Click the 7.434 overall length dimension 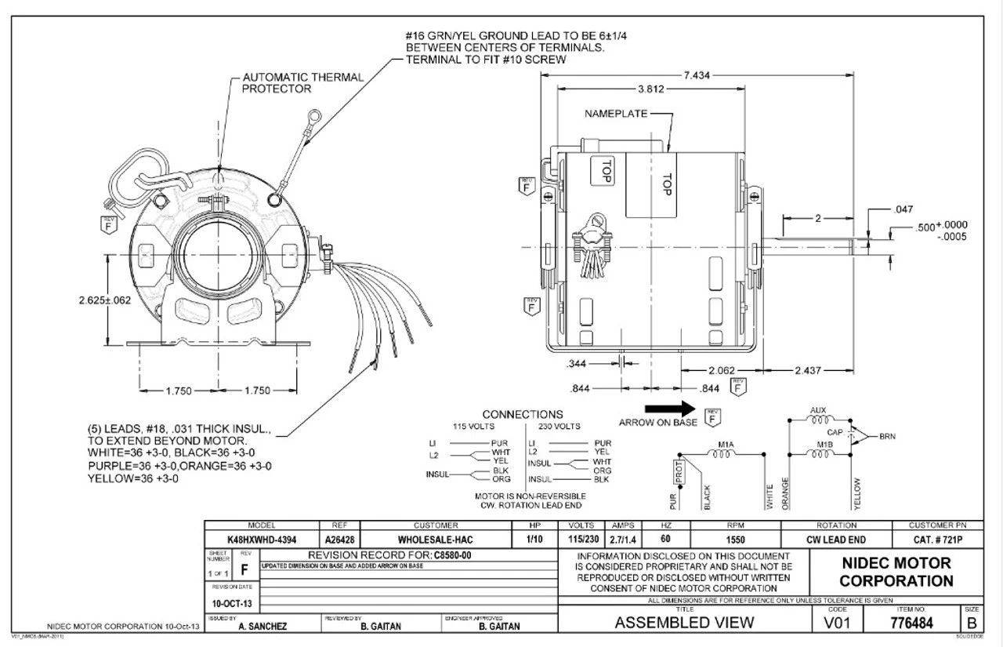[x=697, y=75]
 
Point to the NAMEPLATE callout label [x=616, y=114]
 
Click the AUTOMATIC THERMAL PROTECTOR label [x=303, y=83]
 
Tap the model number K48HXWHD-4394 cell [x=261, y=540]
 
